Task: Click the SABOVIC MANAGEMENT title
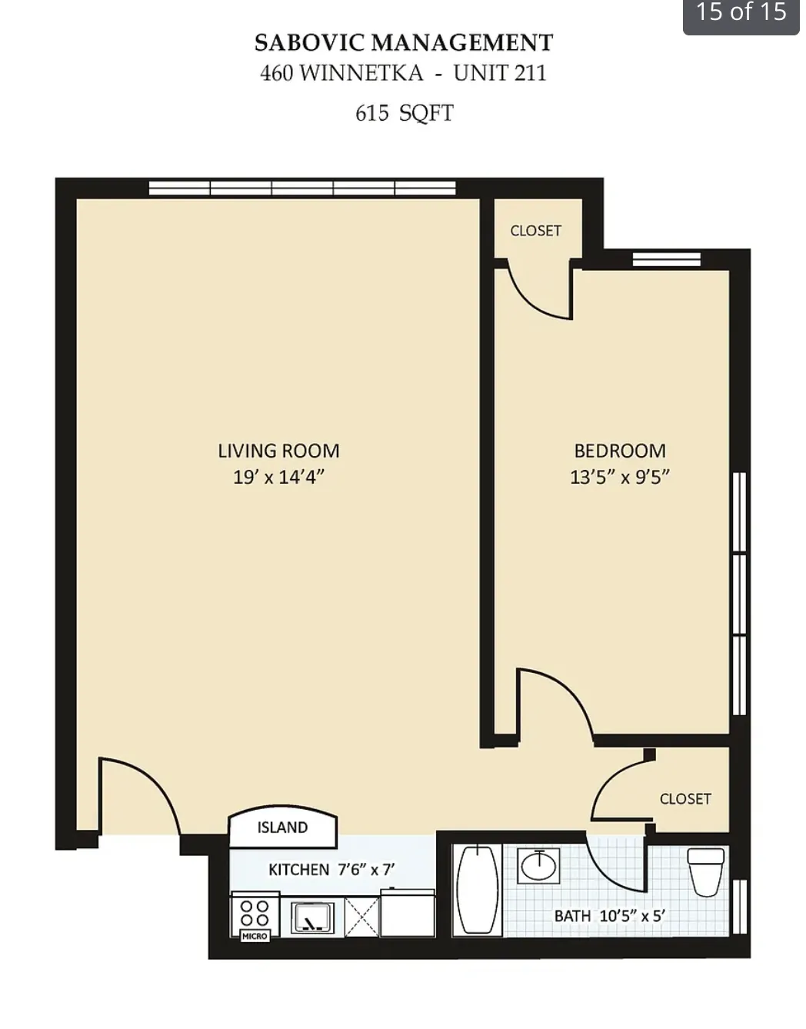(x=404, y=42)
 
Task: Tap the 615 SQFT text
(x=404, y=113)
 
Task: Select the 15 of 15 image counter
(x=741, y=13)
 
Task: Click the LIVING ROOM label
(x=278, y=451)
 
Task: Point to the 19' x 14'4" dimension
(x=278, y=477)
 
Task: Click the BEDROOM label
(x=620, y=451)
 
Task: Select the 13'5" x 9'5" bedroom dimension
(x=620, y=477)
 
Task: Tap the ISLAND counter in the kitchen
(x=282, y=828)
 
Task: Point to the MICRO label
(x=255, y=936)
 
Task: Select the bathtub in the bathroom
(x=478, y=890)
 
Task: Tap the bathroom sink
(x=538, y=866)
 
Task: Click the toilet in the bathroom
(x=705, y=871)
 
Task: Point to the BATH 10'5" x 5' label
(x=609, y=916)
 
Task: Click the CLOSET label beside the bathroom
(x=685, y=799)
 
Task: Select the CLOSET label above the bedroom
(x=535, y=231)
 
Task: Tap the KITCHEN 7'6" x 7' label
(x=331, y=870)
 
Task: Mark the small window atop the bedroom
(x=666, y=259)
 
